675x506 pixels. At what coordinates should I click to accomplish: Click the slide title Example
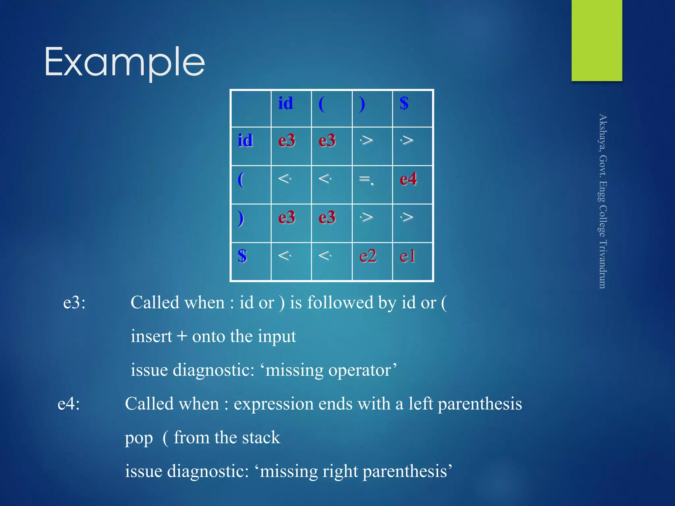[x=125, y=62]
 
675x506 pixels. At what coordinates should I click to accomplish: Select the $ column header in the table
[x=404, y=103]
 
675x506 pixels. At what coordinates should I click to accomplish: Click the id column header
[x=285, y=103]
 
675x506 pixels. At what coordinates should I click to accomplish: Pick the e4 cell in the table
[x=408, y=180]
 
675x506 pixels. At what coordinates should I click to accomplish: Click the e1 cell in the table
[x=407, y=256]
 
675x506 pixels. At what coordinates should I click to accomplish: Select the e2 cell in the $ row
[x=367, y=256]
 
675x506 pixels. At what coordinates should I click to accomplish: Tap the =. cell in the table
[x=366, y=180]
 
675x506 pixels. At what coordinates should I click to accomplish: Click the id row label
[x=245, y=141]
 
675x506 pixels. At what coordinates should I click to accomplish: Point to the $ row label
[x=242, y=256]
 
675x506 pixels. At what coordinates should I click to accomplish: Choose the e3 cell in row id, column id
[x=287, y=141]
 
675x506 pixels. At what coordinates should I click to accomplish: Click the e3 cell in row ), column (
[x=327, y=218]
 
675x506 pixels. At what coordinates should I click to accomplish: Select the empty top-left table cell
[x=251, y=108]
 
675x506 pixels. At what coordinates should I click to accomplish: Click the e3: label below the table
[x=74, y=302]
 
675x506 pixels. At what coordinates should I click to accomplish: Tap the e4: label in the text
[x=69, y=404]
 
